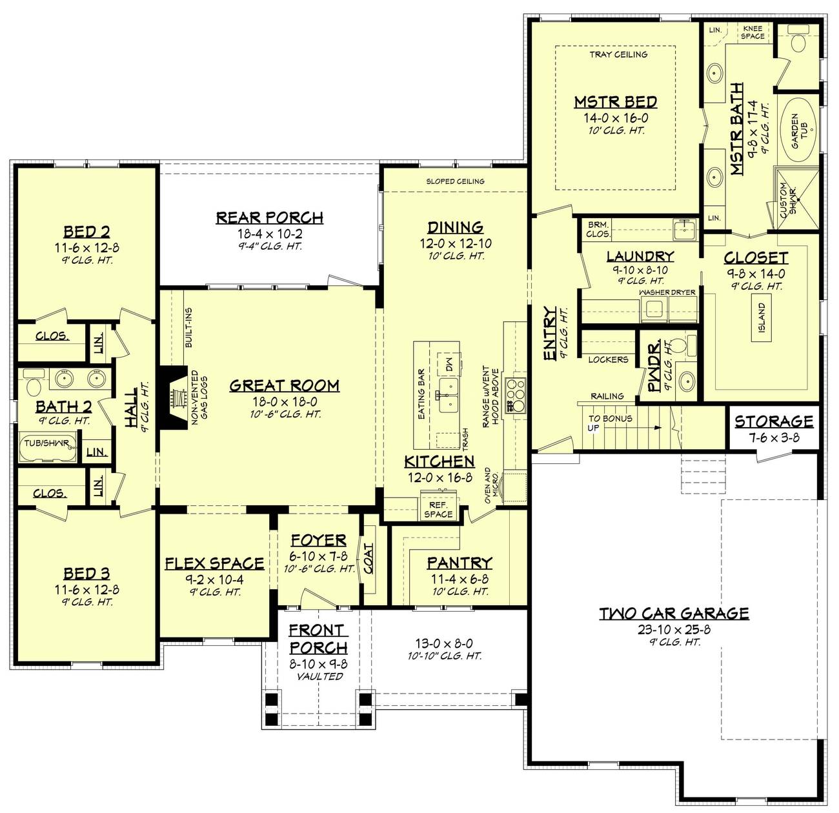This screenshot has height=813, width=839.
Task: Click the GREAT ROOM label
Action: click(x=284, y=386)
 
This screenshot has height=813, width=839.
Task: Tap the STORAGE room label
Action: click(x=774, y=421)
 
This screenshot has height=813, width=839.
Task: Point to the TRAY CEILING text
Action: click(x=618, y=55)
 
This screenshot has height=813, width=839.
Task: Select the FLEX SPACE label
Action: click(x=214, y=563)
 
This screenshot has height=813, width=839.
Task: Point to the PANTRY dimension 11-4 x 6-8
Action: click(x=459, y=579)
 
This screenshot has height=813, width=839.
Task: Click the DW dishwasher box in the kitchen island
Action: click(x=447, y=364)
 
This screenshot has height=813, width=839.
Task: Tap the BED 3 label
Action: click(x=86, y=574)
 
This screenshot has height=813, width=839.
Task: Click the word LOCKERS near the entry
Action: click(x=608, y=359)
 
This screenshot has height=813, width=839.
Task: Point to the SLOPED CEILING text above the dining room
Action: click(x=455, y=181)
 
